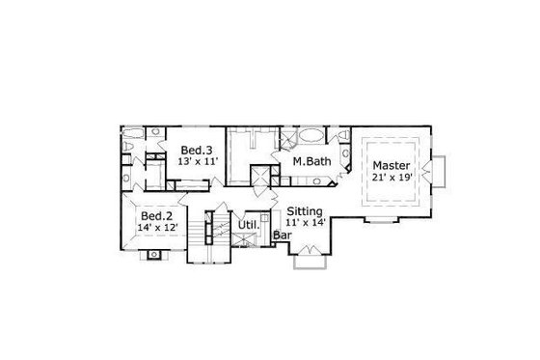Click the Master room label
pos(391,165)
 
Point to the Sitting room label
pos(305,210)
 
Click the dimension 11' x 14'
pos(305,223)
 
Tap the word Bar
pos(283,235)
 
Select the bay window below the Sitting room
pos(308,254)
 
